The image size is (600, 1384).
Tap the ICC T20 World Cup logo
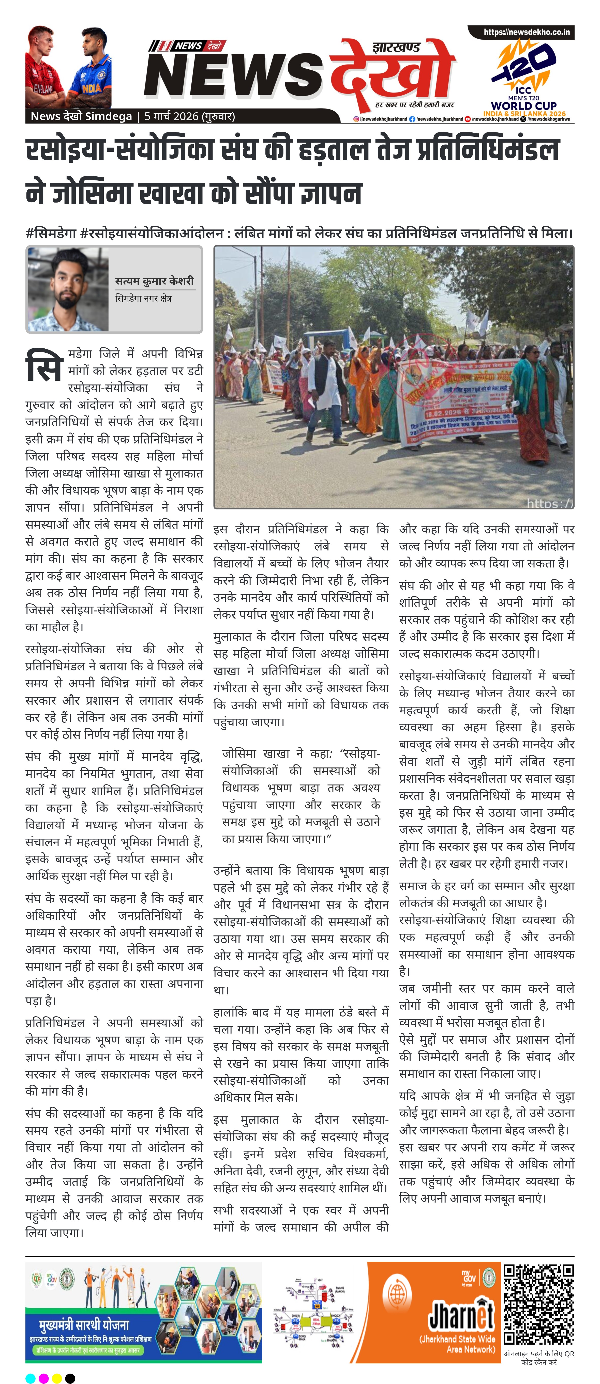524,78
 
